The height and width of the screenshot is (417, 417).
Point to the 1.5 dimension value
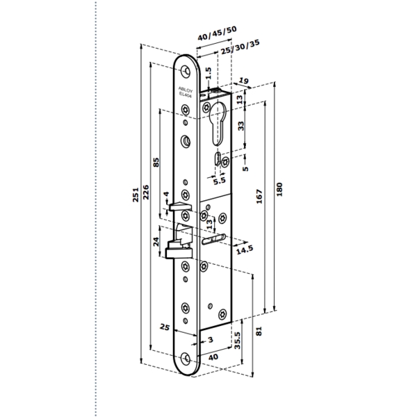(208, 73)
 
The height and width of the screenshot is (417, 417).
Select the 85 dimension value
(156, 162)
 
